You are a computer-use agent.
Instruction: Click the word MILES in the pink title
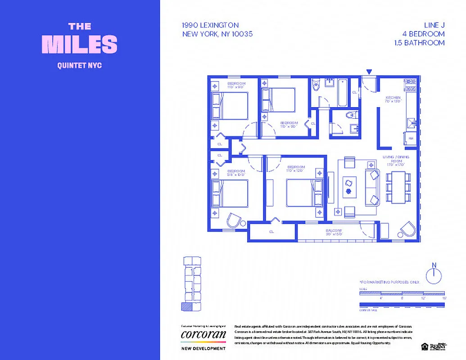tap(80, 45)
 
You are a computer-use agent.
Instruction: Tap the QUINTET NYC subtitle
tap(80, 66)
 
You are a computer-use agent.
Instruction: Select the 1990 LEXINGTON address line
tap(210, 25)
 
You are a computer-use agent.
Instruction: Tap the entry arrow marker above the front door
tap(369, 72)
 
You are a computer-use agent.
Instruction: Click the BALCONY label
tap(334, 232)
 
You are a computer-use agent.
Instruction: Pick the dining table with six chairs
tap(398, 187)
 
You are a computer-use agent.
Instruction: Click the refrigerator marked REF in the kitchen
tap(411, 138)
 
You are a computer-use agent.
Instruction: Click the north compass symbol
tap(434, 274)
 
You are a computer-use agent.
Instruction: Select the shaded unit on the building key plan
tap(186, 306)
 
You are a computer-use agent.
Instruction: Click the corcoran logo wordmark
tap(203, 334)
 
